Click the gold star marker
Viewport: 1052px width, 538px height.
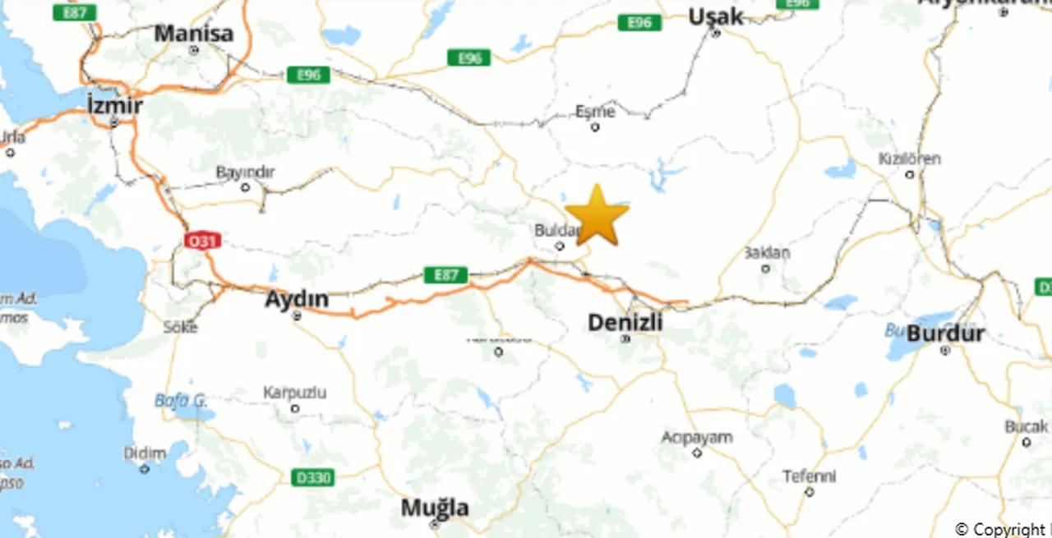pos(597,215)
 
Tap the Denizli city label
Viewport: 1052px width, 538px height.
pos(625,323)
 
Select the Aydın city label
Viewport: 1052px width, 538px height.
pos(297,300)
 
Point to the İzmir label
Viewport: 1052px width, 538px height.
pos(114,106)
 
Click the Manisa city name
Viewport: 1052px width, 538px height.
pos(194,34)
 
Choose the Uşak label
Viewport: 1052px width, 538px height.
pos(716,16)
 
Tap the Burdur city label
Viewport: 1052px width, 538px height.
pos(945,334)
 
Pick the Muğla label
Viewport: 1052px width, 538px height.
pos(435,508)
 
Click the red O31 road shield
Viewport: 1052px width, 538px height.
pos(202,241)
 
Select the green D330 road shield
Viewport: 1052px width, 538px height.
pos(313,477)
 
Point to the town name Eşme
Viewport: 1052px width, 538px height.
pos(595,112)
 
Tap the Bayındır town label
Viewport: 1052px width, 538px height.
pos(245,172)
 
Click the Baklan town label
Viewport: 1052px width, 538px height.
pos(766,253)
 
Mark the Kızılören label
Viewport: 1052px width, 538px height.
pos(909,159)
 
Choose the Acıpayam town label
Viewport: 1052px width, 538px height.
pos(697,437)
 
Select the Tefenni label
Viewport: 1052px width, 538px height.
pos(809,476)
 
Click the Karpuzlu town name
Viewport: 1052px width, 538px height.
pos(294,393)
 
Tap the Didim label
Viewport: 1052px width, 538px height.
pos(145,453)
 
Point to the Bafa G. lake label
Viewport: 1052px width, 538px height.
pos(181,401)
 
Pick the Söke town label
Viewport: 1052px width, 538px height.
pos(180,327)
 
